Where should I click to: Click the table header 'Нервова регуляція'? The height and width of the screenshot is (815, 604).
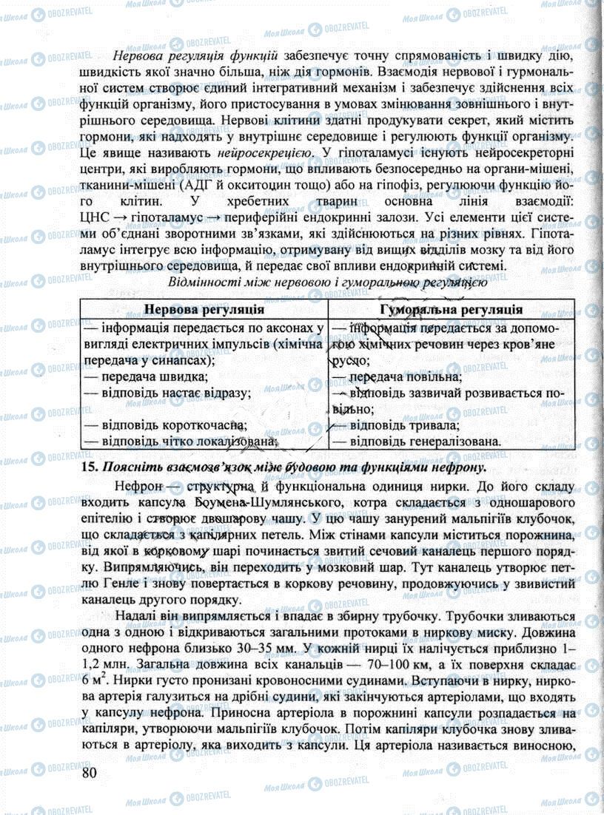tap(204, 309)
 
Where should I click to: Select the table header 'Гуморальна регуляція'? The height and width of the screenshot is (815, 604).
tap(451, 309)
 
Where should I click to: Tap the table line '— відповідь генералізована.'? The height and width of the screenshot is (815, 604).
tap(415, 442)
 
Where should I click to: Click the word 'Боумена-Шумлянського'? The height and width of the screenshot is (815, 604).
tap(249, 503)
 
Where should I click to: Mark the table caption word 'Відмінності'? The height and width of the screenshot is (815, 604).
tap(204, 282)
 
